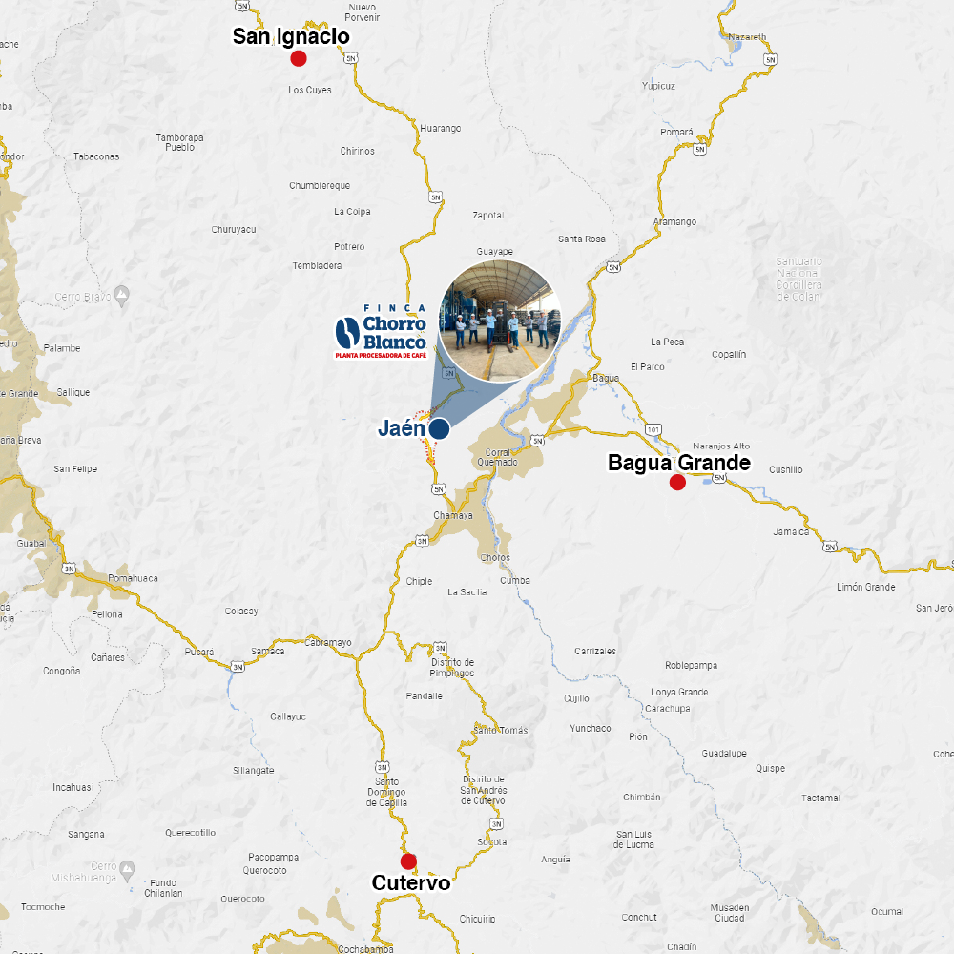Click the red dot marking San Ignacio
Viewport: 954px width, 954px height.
click(x=298, y=58)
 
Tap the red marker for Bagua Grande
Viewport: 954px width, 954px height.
click(x=677, y=482)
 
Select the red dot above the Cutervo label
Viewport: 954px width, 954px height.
click(x=408, y=861)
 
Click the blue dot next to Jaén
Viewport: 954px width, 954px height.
click(x=439, y=428)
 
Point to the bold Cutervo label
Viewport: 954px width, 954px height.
click(x=411, y=883)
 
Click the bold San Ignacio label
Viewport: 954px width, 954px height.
click(x=291, y=36)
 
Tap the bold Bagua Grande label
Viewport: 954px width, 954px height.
click(x=679, y=464)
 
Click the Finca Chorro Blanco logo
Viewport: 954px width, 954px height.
click(x=380, y=331)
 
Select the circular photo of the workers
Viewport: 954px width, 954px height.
click(x=500, y=321)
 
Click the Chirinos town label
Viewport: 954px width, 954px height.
click(x=358, y=151)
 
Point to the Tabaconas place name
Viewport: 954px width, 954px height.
click(x=96, y=156)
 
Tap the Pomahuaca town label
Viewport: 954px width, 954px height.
click(x=133, y=578)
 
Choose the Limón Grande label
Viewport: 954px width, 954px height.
click(x=865, y=587)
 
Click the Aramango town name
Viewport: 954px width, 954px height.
click(x=674, y=221)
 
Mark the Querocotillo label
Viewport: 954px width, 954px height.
click(x=190, y=832)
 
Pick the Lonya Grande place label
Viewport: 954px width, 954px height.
click(x=679, y=692)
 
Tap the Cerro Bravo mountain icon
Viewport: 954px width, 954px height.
click(x=121, y=292)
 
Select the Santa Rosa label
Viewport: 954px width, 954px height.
click(x=582, y=238)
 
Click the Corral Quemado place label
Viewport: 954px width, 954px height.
click(x=501, y=457)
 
